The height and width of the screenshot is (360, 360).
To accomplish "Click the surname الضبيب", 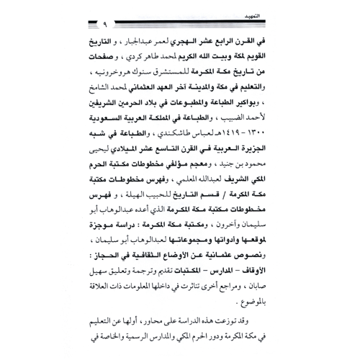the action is click(x=270, y=127).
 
